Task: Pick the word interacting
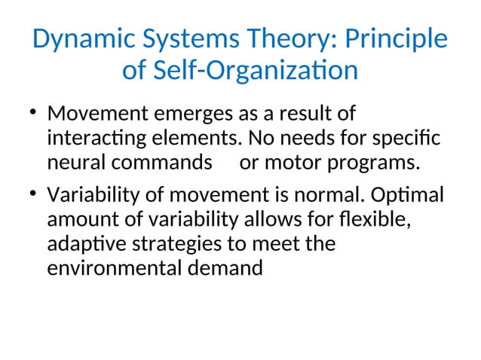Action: (96, 140)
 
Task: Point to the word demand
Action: (226, 268)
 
